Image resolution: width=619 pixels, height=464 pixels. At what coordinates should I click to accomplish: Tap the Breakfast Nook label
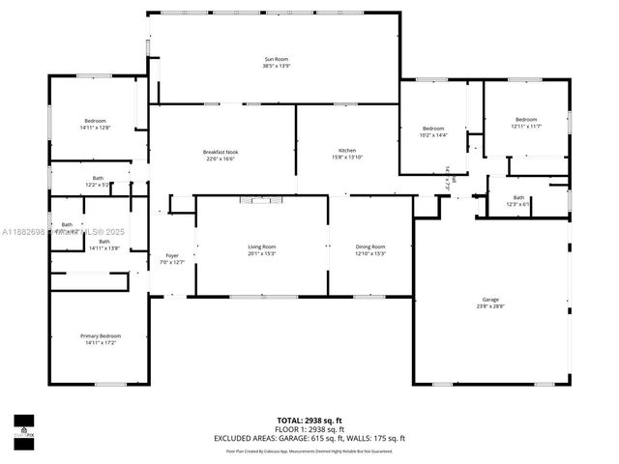[x=221, y=152]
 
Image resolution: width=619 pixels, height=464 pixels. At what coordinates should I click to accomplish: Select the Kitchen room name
[x=347, y=152]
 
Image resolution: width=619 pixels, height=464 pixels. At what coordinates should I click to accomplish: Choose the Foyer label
[x=171, y=255]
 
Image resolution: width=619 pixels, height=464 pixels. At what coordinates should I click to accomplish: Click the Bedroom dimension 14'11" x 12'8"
[x=95, y=128]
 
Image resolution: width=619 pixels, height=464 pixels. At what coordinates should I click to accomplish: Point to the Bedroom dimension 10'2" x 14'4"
[x=433, y=135]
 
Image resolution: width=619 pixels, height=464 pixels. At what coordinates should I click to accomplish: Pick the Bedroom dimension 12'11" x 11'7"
[x=525, y=126]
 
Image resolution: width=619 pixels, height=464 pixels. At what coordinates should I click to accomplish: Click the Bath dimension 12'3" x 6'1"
[x=518, y=204]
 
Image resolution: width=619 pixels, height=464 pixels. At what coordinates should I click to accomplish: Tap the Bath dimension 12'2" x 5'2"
[x=98, y=184]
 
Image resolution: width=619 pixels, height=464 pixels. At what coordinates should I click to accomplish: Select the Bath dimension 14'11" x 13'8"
[x=103, y=248]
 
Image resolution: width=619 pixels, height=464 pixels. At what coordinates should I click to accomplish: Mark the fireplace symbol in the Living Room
[x=261, y=200]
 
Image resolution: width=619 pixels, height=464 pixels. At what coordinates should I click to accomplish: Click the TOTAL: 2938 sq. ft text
[x=309, y=420]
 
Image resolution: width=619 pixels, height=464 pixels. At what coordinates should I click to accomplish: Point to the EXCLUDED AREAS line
[x=309, y=438]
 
